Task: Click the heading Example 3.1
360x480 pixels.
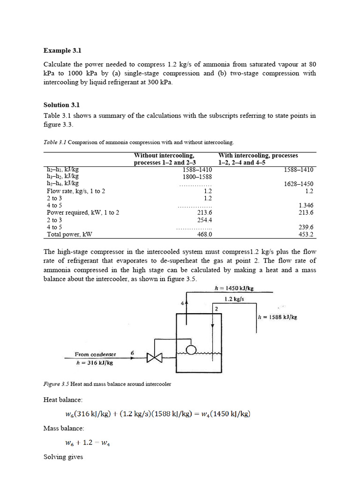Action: pyautogui.click(x=66, y=50)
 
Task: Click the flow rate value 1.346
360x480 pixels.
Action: pyautogui.click(x=306, y=205)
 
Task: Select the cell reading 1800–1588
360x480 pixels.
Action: pyautogui.click(x=197, y=177)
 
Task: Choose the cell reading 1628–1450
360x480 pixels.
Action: pyautogui.click(x=299, y=184)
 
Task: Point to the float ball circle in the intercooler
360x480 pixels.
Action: pyautogui.click(x=191, y=350)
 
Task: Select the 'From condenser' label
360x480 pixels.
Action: pyautogui.click(x=95, y=354)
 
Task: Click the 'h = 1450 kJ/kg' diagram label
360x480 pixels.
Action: pyautogui.click(x=237, y=289)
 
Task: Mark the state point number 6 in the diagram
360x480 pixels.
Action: pyautogui.click(x=132, y=353)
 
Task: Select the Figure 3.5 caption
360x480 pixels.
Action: pyautogui.click(x=107, y=384)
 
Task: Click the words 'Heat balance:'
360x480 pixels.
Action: pyautogui.click(x=63, y=400)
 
